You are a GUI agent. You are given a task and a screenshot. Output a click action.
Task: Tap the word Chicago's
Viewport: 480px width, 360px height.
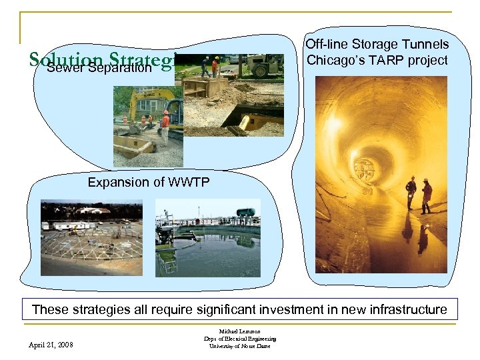click(x=331, y=60)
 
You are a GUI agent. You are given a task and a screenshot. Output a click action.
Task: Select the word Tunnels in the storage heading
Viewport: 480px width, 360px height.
click(x=425, y=45)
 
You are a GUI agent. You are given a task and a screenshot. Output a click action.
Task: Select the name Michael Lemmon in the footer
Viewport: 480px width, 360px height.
click(x=240, y=331)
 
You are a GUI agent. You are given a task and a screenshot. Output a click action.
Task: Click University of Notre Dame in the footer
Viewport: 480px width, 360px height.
click(x=240, y=346)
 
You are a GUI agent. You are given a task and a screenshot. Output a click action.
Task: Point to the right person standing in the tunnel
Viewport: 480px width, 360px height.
click(x=427, y=195)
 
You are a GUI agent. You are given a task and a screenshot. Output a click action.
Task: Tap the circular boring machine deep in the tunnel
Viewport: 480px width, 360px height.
click(x=364, y=168)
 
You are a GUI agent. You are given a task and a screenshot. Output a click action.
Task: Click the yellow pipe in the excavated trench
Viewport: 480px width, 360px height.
click(x=254, y=122)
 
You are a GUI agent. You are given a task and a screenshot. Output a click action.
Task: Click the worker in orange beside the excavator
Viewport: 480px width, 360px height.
click(x=165, y=127)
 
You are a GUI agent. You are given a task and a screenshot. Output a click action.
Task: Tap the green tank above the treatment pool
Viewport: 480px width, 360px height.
click(x=245, y=211)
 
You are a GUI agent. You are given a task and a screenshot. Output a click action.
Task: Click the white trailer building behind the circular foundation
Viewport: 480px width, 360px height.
click(x=93, y=211)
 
